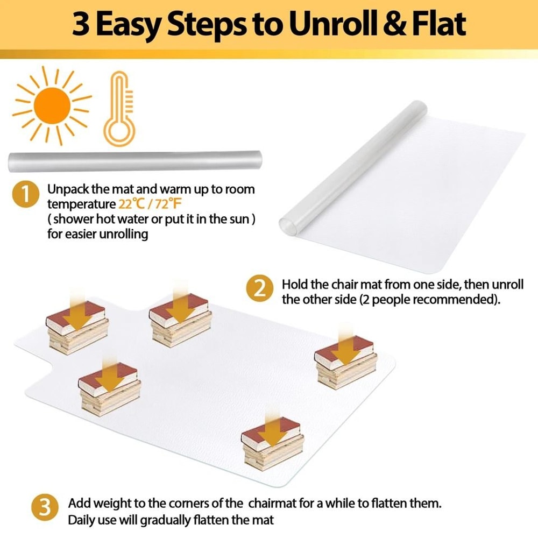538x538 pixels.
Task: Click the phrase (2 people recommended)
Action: [430, 300]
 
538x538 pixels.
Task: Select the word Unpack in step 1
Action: [67, 190]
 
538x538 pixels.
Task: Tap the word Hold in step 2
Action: [293, 284]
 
